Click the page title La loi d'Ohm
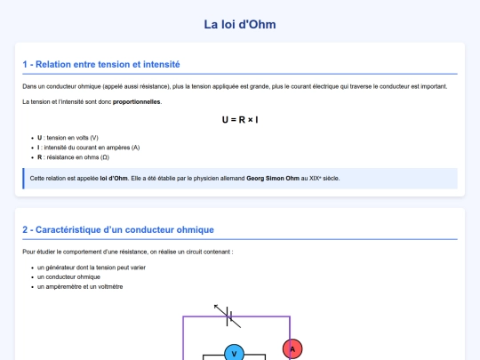pos(240,24)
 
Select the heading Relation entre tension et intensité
pos(101,64)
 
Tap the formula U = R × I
pos(240,118)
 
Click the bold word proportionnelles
pos(137,101)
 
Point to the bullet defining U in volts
pos(68,138)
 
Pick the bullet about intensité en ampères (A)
pos(88,148)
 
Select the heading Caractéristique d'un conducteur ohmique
pos(118,229)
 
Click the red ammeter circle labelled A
pos(292,349)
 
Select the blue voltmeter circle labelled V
pos(234,353)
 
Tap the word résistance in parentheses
pos(137,86)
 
